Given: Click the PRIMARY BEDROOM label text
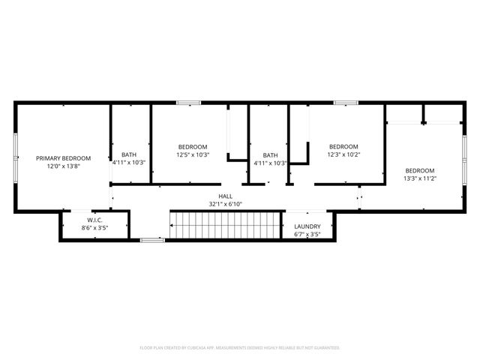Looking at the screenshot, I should (x=64, y=158).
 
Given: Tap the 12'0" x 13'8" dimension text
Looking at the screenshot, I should (x=64, y=166).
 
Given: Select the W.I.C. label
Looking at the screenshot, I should (x=94, y=219).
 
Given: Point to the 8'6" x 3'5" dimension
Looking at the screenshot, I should (x=94, y=227).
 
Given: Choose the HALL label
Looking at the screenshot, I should (x=225, y=196).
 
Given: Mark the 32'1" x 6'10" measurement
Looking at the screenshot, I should (x=225, y=204).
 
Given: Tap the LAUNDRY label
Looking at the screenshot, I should (x=307, y=226).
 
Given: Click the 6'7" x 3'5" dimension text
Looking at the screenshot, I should (x=307, y=235).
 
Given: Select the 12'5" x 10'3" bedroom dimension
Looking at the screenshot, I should (x=193, y=154).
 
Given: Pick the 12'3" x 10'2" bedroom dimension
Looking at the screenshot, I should (x=343, y=154).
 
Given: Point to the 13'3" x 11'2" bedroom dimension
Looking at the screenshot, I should (x=420, y=178).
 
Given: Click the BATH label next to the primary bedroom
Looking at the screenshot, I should (x=129, y=154).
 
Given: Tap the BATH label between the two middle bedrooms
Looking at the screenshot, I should (x=270, y=154).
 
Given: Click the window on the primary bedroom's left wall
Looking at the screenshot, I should (x=16, y=158).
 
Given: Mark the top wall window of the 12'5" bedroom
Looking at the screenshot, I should (x=188, y=103).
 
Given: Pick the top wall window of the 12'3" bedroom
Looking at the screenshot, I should (x=345, y=103).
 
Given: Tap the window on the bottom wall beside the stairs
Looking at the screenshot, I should (x=152, y=240).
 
